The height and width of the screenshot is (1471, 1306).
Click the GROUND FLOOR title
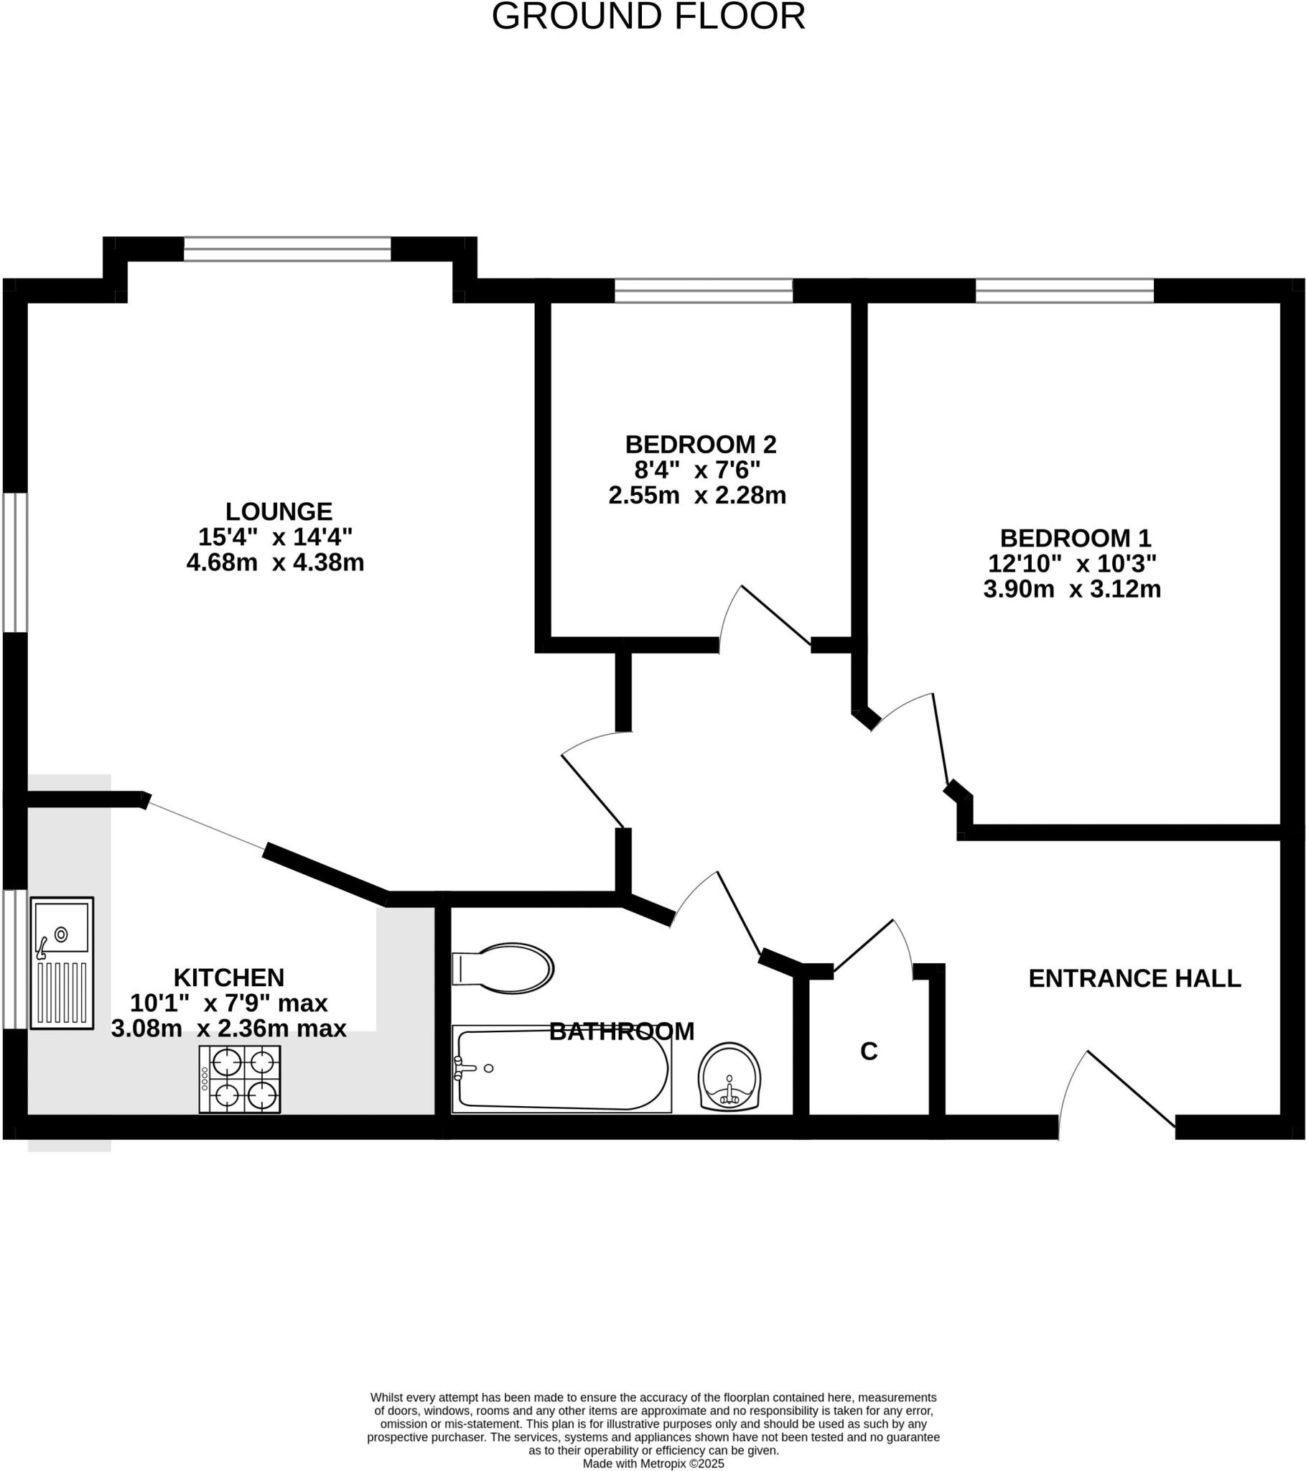pos(648,17)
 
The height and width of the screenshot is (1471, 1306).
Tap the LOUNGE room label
pos(279,511)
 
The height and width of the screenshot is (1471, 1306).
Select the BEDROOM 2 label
pos(700,444)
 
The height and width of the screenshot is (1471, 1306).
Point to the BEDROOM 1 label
pos(1075,538)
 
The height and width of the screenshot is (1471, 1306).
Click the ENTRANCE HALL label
pos(1134,979)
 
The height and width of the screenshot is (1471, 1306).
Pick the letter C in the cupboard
pos(869,1052)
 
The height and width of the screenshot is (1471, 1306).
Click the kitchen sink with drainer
pos(62,963)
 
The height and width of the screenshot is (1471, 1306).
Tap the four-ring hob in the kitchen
pos(240,1080)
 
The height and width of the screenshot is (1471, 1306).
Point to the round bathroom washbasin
pos(729,1077)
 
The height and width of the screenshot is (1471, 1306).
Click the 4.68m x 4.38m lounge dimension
pos(275,563)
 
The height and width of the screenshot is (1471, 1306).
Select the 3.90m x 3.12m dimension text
pos(1071,590)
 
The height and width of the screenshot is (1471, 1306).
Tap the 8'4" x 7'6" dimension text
pos(696,470)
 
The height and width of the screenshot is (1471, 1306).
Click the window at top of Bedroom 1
pos(1064,291)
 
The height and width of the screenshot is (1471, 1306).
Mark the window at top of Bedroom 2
pos(703,291)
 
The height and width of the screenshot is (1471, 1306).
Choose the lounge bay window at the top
pos(287,249)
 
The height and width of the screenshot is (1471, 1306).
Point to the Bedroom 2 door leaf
pos(775,615)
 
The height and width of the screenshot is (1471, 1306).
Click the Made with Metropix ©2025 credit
pos(653,1463)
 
